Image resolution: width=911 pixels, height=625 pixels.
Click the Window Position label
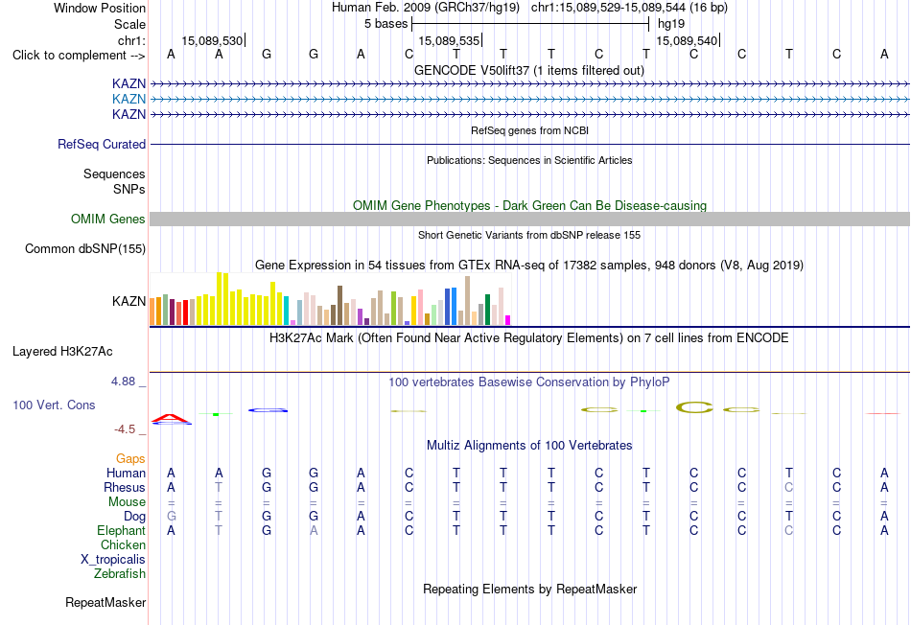[x=100, y=8]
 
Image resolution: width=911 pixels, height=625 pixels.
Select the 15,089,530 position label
[x=212, y=40]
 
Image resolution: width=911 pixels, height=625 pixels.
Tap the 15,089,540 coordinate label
[x=687, y=40]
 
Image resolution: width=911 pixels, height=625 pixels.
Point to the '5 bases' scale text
[x=385, y=24]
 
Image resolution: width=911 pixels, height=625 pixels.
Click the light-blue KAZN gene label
[x=129, y=99]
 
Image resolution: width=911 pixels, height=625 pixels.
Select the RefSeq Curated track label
[x=102, y=144]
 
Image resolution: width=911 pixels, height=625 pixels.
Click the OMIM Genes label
[x=108, y=219]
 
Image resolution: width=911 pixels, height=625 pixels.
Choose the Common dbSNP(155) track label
[x=85, y=248]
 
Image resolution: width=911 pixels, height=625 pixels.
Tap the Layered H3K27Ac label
[x=62, y=352]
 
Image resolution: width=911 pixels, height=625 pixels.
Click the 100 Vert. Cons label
[x=54, y=405]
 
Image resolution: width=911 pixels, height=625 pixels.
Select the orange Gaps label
[x=130, y=459]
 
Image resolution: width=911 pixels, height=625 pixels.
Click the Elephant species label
[x=122, y=530]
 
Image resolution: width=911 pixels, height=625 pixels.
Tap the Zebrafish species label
[x=120, y=573]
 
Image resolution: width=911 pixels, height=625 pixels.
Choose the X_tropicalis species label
[x=113, y=560]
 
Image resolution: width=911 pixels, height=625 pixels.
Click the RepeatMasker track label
[x=105, y=602]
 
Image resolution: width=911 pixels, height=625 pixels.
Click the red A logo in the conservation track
[x=171, y=418]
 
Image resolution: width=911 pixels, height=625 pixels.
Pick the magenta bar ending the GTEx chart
[x=508, y=320]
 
